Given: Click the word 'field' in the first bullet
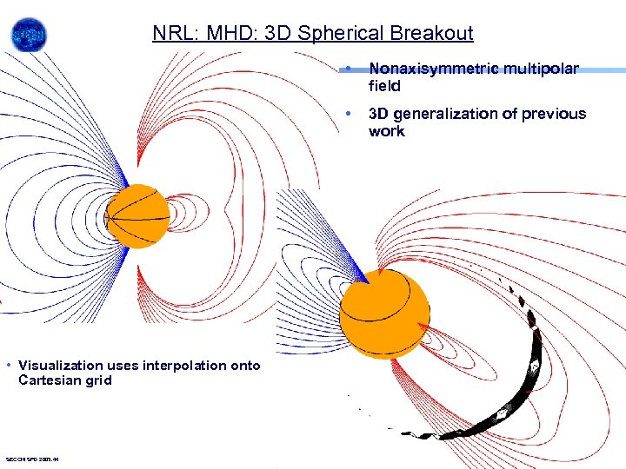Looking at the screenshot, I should click(384, 86).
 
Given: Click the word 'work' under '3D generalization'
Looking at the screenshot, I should click(386, 131).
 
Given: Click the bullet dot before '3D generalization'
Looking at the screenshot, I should click(347, 114).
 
